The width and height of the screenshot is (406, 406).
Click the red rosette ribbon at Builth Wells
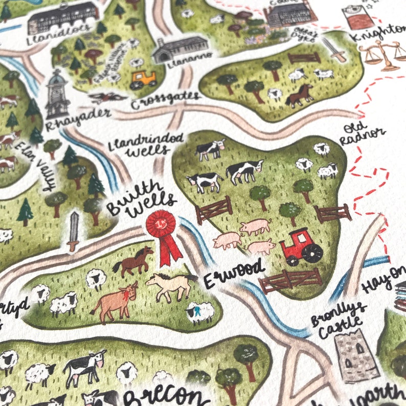click(x=163, y=233)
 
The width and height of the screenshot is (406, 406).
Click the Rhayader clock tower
click(x=57, y=95)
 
